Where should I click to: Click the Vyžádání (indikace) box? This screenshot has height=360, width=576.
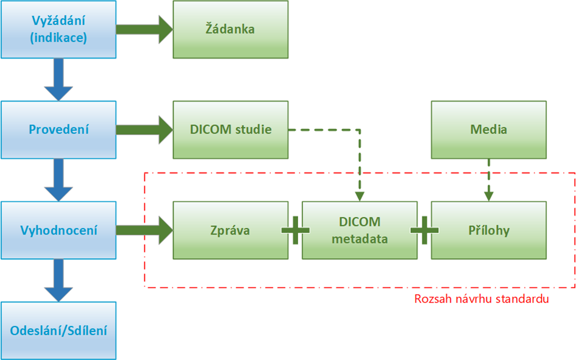pos(59,29)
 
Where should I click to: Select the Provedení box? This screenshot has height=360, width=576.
pos(59,130)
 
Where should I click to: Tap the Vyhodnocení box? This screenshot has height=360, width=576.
pos(59,231)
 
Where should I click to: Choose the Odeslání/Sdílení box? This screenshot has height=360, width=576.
pos(59,331)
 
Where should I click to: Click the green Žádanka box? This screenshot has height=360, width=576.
pos(230,29)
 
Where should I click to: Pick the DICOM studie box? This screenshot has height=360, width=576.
pos(230,130)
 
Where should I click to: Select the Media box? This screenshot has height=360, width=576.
pos(489,130)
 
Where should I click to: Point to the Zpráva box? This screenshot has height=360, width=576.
pos(230,231)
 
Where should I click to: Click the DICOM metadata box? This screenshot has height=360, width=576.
pos(360,231)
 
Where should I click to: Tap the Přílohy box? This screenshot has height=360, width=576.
pos(489,231)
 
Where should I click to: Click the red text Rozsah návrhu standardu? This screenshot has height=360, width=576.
pos(482,299)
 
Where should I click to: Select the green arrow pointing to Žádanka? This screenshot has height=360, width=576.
pos(144,29)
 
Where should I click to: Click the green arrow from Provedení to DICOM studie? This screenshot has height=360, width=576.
pos(144,130)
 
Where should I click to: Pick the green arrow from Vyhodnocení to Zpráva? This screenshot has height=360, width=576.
pos(144,231)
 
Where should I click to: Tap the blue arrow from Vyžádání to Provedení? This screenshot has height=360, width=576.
pos(59,80)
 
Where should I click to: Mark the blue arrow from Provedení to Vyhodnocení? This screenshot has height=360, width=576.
pos(59,180)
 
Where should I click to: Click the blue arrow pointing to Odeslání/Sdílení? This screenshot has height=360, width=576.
pos(59,281)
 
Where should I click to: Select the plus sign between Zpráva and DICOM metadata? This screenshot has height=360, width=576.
pos(295,231)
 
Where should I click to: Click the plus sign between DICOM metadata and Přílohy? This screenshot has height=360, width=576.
pos(424,231)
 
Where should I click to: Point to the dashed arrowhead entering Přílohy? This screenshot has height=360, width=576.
pos(489,196)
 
